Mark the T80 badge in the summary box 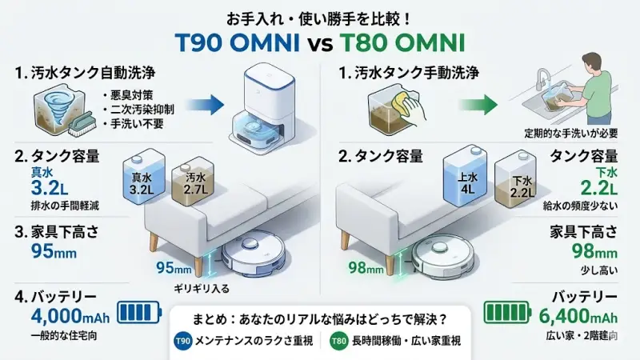point(340,341)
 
